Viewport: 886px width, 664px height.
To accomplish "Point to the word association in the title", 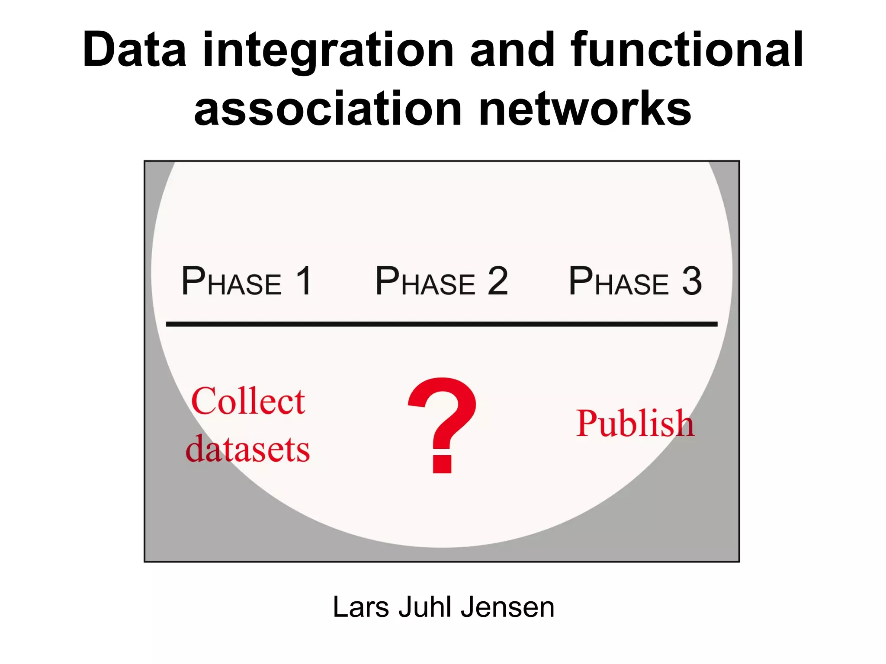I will (x=328, y=109).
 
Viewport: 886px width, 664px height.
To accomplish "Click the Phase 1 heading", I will (x=246, y=281).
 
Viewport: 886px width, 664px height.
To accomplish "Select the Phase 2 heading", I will (x=441, y=281).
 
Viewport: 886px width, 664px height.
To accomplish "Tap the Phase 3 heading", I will (x=635, y=281).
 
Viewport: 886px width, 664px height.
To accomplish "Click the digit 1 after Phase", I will (x=304, y=281).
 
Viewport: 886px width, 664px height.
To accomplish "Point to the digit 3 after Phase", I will (x=692, y=281).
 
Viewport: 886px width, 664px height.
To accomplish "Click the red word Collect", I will (x=248, y=401).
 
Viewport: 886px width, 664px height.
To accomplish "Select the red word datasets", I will (x=247, y=449).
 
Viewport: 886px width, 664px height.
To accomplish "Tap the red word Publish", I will (x=635, y=424).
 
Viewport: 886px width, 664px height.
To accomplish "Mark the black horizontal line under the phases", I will (x=441, y=324).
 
